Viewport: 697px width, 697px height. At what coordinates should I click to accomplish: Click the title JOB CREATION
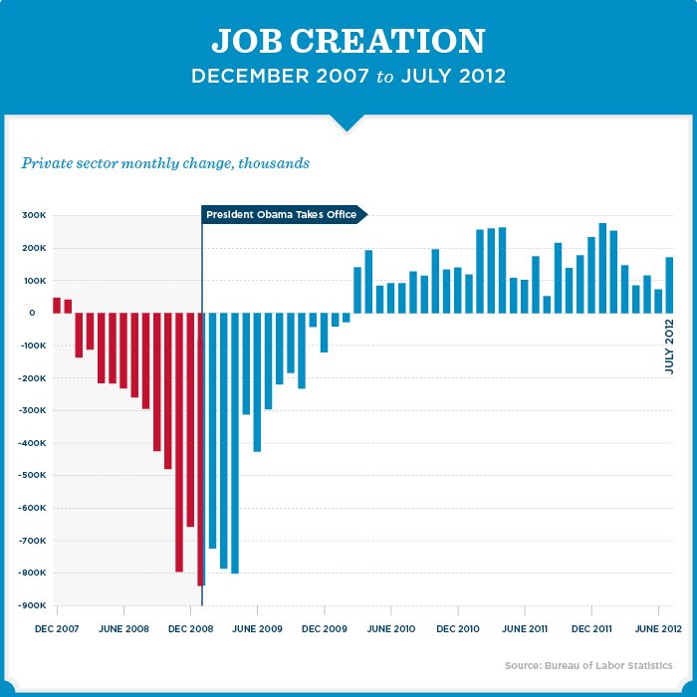(x=348, y=42)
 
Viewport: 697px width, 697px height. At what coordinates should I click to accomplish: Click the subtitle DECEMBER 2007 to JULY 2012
(x=348, y=77)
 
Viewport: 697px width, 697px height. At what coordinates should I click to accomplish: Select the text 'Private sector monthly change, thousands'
(x=165, y=162)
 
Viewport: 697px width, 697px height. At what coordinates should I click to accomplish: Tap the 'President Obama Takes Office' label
(x=282, y=214)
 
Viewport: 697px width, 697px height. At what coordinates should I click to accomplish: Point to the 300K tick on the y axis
(x=35, y=215)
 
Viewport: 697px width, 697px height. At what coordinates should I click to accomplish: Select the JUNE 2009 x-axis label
(x=258, y=629)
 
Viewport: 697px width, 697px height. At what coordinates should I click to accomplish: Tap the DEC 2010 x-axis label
(x=459, y=629)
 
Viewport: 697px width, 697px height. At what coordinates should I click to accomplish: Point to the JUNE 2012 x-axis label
(x=658, y=629)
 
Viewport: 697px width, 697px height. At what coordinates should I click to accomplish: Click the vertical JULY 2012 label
(x=670, y=347)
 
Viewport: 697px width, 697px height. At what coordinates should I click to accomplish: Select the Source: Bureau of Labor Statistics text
(x=587, y=665)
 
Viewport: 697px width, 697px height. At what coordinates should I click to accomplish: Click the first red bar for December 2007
(x=57, y=306)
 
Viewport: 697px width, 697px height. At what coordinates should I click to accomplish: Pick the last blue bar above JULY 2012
(x=670, y=285)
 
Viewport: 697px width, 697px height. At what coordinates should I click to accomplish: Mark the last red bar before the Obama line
(x=199, y=448)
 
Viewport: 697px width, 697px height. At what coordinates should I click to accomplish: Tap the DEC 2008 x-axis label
(x=190, y=629)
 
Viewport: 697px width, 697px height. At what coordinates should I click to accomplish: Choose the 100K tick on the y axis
(x=35, y=281)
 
